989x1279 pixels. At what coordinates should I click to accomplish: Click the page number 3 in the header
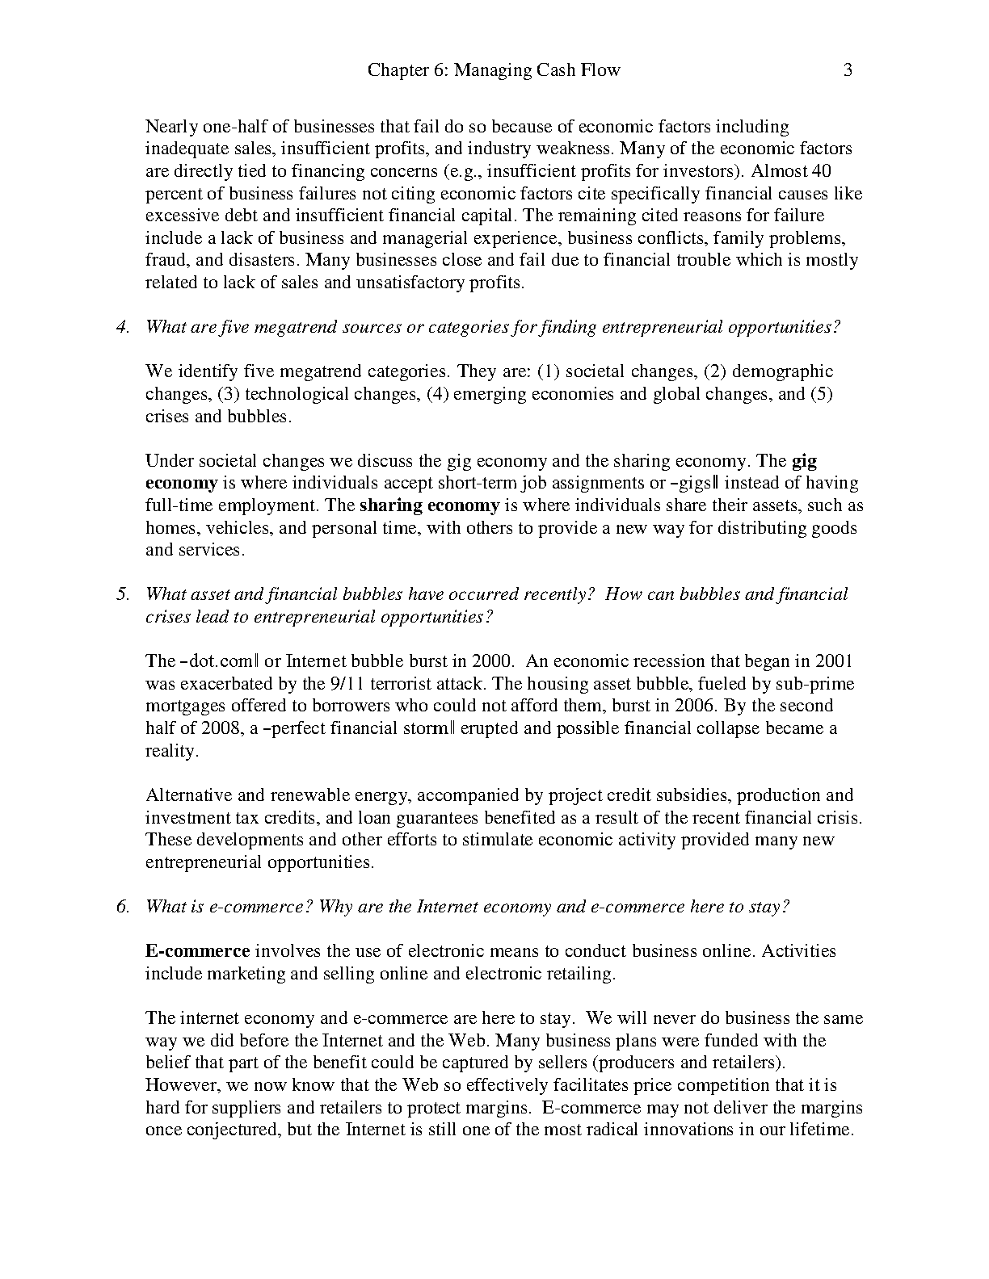click(848, 70)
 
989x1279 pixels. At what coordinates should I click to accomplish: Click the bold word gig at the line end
click(804, 461)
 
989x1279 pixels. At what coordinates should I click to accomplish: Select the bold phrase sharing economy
click(429, 505)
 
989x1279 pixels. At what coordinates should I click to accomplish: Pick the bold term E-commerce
click(197, 951)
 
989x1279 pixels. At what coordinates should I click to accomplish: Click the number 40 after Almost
click(821, 171)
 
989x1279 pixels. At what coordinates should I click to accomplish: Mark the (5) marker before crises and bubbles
click(822, 394)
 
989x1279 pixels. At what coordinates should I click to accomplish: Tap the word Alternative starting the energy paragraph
click(187, 795)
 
